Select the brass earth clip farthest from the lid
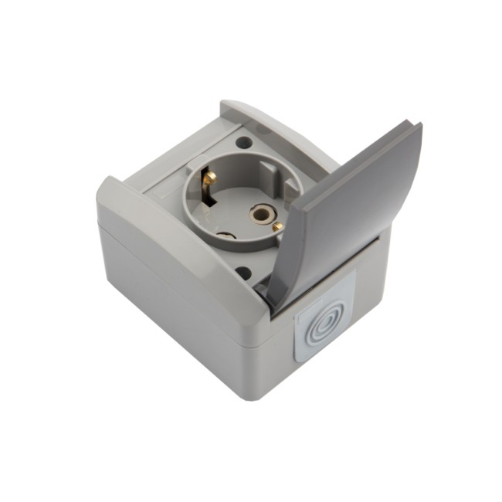pyautogui.click(x=208, y=178)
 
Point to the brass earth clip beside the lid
pyautogui.click(x=278, y=226)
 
